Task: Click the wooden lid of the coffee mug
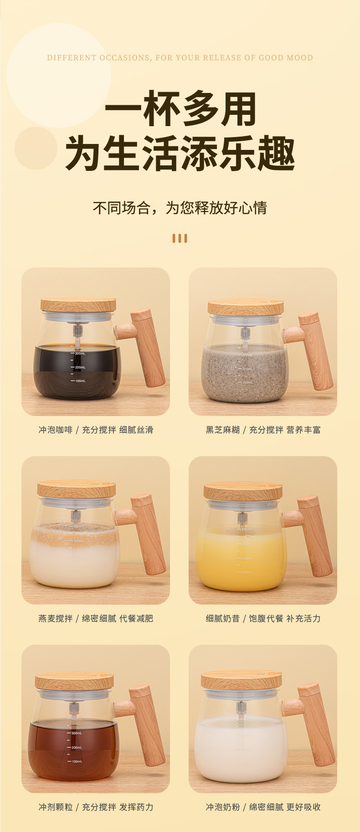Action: click(x=78, y=304)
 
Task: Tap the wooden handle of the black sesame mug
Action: click(x=316, y=351)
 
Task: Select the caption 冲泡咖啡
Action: click(x=55, y=430)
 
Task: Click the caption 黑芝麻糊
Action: click(x=222, y=430)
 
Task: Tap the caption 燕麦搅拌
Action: click(x=55, y=618)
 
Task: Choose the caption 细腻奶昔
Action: click(x=222, y=618)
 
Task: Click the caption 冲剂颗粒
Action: click(x=55, y=807)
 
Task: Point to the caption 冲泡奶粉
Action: click(x=222, y=807)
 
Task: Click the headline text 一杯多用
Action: click(x=180, y=109)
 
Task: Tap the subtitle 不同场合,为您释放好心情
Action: click(x=180, y=208)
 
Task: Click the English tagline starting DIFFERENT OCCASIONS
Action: click(x=180, y=58)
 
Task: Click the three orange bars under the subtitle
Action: click(x=180, y=238)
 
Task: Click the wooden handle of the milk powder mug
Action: click(x=316, y=724)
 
